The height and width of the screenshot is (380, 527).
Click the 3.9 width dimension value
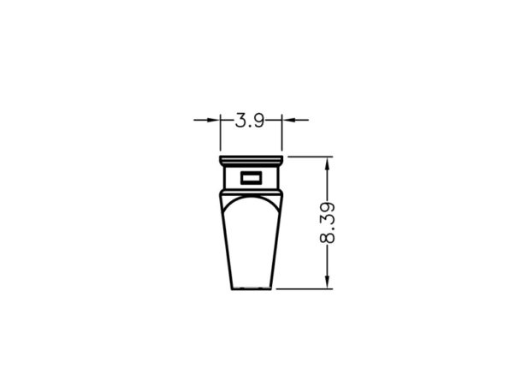click(250, 120)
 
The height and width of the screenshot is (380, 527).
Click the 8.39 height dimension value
click(327, 223)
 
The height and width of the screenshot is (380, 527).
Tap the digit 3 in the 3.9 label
click(240, 120)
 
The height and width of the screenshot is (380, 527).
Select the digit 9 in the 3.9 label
click(259, 120)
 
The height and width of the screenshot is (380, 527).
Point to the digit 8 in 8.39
click(327, 237)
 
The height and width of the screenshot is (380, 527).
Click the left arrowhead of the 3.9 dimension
click(213, 120)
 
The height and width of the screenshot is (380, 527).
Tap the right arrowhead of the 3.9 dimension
click(288, 120)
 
